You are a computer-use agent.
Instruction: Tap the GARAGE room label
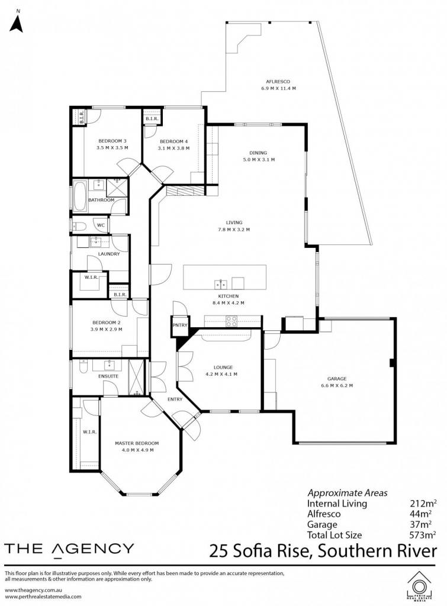pyautogui.click(x=337, y=379)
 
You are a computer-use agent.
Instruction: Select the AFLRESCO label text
pyautogui.click(x=278, y=82)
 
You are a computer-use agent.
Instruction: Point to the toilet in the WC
pyautogui.click(x=79, y=225)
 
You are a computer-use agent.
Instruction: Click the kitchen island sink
pyautogui.click(x=221, y=284)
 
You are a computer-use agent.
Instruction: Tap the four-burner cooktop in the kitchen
pyautogui.click(x=231, y=321)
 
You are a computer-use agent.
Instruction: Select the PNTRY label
pyautogui.click(x=180, y=325)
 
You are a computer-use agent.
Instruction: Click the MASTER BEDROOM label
pyautogui.click(x=137, y=443)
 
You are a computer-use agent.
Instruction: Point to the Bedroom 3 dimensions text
pyautogui.click(x=112, y=147)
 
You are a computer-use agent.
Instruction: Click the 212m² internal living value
pyautogui.click(x=423, y=503)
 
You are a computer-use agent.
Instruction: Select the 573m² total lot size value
pyautogui.click(x=423, y=535)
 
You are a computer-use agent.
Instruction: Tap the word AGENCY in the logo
pyautogui.click(x=93, y=549)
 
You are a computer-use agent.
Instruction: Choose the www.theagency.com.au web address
pyautogui.click(x=34, y=590)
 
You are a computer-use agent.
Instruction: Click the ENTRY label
pyautogui.click(x=175, y=399)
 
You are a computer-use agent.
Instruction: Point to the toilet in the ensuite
pyautogui.click(x=83, y=366)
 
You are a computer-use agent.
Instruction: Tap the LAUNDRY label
pyautogui.click(x=109, y=254)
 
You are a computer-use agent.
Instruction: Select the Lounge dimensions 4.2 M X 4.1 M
pyautogui.click(x=221, y=374)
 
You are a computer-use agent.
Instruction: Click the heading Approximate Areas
pyautogui.click(x=347, y=493)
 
